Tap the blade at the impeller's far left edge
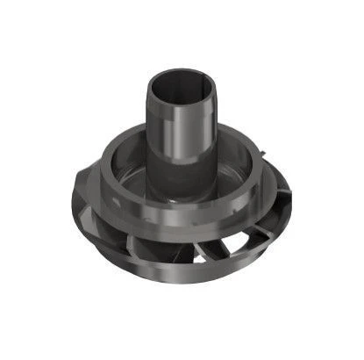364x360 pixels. [x=83, y=220]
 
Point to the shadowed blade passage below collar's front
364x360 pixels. [x=158, y=250]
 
